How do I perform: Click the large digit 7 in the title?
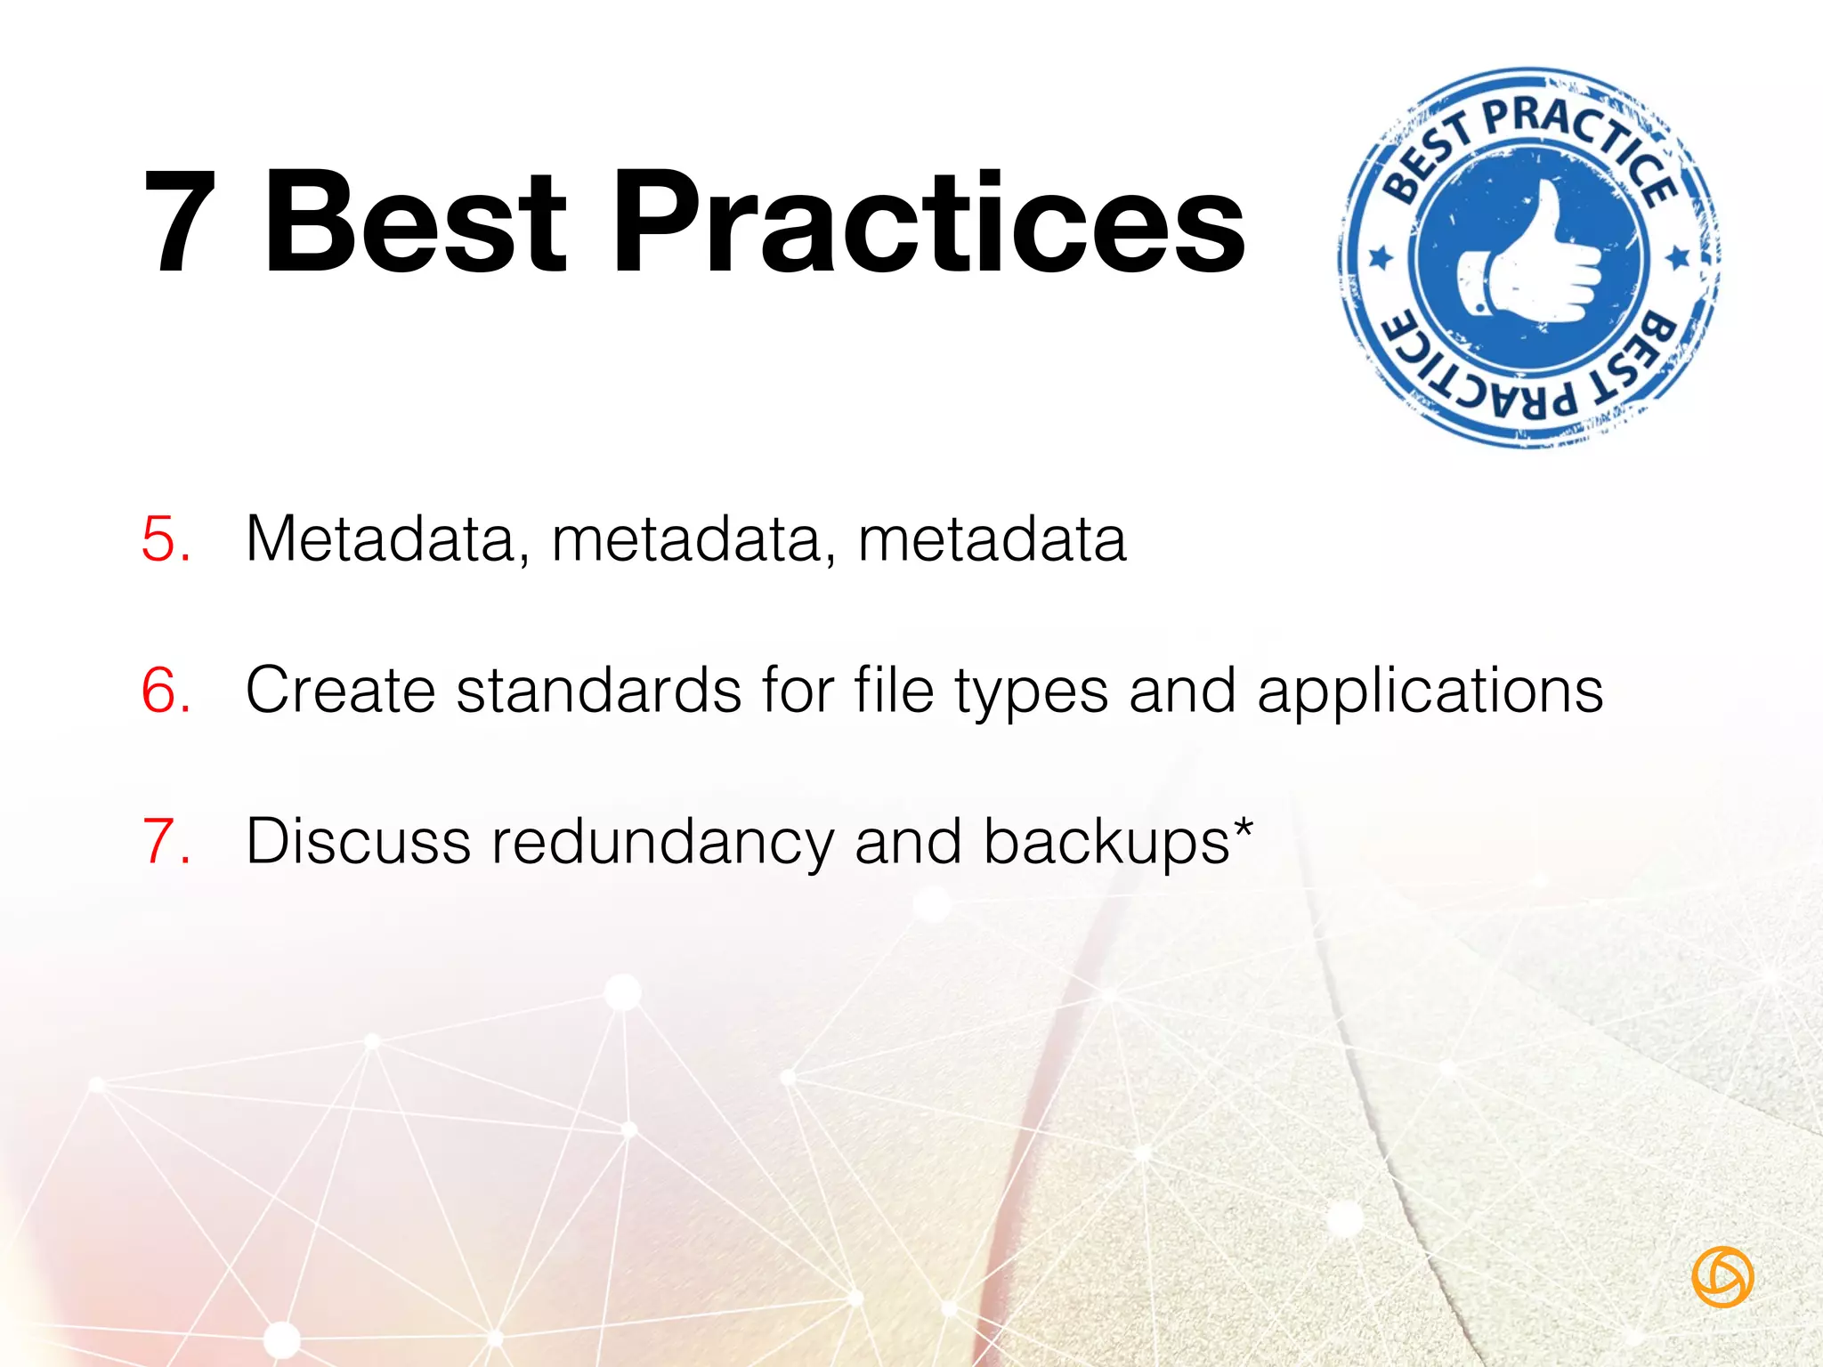(181, 222)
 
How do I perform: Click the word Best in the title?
(415, 222)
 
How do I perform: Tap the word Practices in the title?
(929, 222)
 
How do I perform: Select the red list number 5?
(166, 539)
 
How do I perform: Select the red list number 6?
(166, 691)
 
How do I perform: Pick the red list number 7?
(166, 842)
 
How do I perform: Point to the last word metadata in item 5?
(993, 539)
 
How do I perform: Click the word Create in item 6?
(340, 691)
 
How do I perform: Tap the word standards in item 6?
(598, 691)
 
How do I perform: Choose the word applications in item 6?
(1430, 691)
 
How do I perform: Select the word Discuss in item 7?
(358, 842)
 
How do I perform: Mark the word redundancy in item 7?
(662, 842)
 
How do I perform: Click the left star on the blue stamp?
(1381, 258)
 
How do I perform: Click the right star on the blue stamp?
(1679, 258)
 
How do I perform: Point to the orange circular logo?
(1722, 1277)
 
